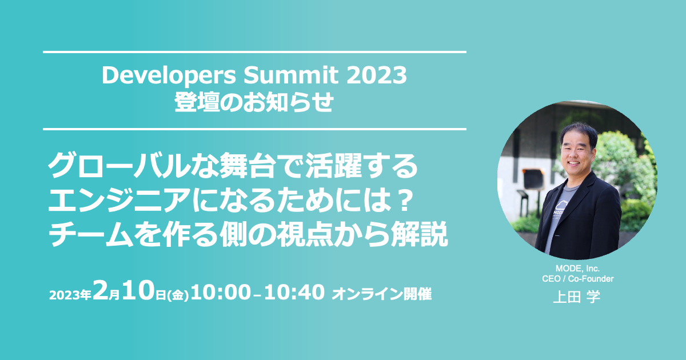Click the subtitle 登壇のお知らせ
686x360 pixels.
pyautogui.click(x=254, y=102)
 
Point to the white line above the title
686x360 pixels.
pyautogui.click(x=254, y=52)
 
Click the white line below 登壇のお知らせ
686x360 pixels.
pyautogui.click(x=254, y=129)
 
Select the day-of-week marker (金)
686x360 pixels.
pyautogui.click(x=178, y=295)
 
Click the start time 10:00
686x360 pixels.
pyautogui.click(x=221, y=292)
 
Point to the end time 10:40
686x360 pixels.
pyautogui.click(x=294, y=292)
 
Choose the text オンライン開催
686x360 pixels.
pyautogui.click(x=382, y=294)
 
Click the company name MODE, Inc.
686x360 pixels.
pyautogui.click(x=577, y=269)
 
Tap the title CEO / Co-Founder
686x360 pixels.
pyautogui.click(x=578, y=279)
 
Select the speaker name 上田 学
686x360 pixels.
pyautogui.click(x=577, y=297)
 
